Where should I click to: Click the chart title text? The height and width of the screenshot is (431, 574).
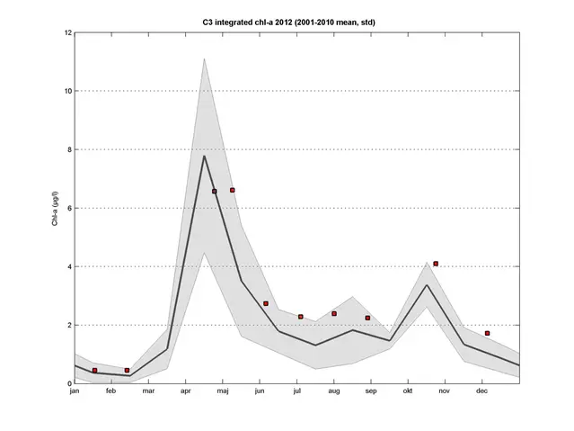pyautogui.click(x=296, y=20)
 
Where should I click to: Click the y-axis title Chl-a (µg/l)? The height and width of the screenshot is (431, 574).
pyautogui.click(x=55, y=208)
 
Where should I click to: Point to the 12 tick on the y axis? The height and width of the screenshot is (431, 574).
pyautogui.click(x=68, y=33)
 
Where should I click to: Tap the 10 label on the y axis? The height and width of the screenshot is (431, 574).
pyautogui.click(x=68, y=91)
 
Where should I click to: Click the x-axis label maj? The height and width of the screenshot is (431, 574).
pyautogui.click(x=223, y=391)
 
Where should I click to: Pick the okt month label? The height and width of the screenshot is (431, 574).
pyautogui.click(x=408, y=391)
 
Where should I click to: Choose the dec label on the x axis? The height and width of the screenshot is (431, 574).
pyautogui.click(x=481, y=391)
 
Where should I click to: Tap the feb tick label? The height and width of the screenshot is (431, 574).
pyautogui.click(x=111, y=391)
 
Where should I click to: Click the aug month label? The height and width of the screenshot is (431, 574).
pyautogui.click(x=333, y=391)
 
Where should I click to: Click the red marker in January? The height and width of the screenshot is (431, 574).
pyautogui.click(x=94, y=371)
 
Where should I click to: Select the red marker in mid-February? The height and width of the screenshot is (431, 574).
pyautogui.click(x=127, y=370)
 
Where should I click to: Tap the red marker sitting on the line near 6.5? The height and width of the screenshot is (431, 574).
pyautogui.click(x=214, y=191)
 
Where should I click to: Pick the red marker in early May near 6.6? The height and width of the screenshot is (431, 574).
pyautogui.click(x=232, y=190)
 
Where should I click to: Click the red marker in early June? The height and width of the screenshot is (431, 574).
pyautogui.click(x=266, y=303)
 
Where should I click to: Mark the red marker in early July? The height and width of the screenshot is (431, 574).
pyautogui.click(x=301, y=317)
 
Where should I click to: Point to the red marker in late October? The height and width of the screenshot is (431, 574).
pyautogui.click(x=436, y=264)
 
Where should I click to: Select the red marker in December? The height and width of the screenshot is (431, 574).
pyautogui.click(x=487, y=333)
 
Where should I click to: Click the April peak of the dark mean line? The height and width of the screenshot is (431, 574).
pyautogui.click(x=204, y=156)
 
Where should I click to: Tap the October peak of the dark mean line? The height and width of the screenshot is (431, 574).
pyautogui.click(x=427, y=285)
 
